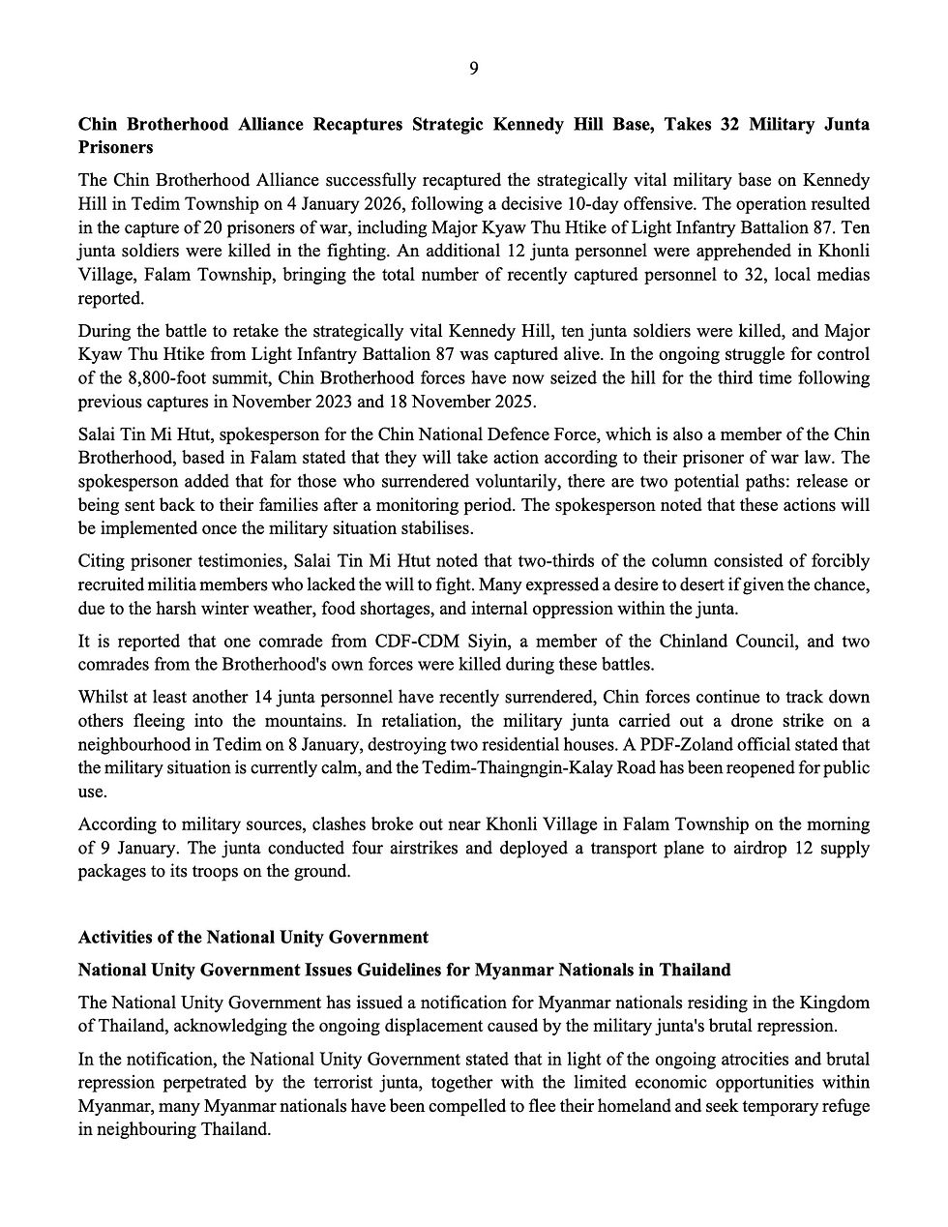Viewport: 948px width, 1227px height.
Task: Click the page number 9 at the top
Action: pyautogui.click(x=473, y=68)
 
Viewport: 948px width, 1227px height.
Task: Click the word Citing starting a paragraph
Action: pyautogui.click(x=102, y=561)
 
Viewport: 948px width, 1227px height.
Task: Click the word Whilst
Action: pyautogui.click(x=103, y=698)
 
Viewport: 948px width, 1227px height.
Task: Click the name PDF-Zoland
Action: pyautogui.click(x=691, y=744)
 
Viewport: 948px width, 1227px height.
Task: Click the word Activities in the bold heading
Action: pyautogui.click(x=115, y=937)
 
